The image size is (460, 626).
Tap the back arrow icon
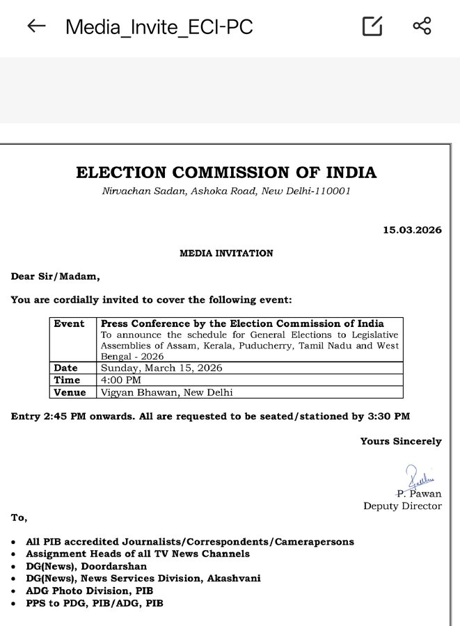[36, 26]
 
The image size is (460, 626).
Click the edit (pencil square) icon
[373, 26]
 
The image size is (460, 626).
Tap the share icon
[422, 26]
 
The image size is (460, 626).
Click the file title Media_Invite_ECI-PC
[159, 27]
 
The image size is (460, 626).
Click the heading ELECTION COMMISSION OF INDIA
[226, 172]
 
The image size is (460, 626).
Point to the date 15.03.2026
[412, 230]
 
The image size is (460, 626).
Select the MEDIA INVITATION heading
[226, 253]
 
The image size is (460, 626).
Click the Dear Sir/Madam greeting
[55, 276]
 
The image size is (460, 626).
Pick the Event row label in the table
[69, 324]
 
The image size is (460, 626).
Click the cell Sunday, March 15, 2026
[161, 368]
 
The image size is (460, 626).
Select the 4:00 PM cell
[120, 380]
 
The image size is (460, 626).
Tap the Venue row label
[70, 392]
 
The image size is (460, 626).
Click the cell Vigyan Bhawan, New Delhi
[166, 392]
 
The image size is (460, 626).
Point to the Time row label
[67, 380]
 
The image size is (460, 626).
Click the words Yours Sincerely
[400, 441]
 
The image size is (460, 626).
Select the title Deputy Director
[402, 506]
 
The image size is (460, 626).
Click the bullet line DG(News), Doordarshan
[86, 566]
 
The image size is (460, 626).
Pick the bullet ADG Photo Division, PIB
[89, 591]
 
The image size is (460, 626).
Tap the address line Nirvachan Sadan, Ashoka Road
[225, 191]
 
